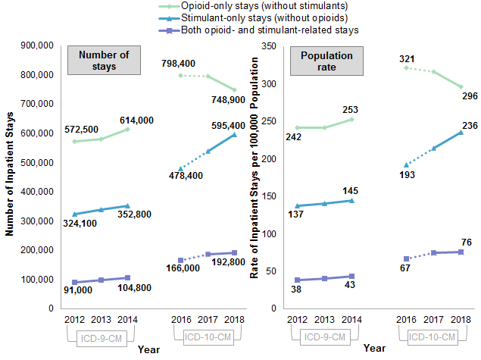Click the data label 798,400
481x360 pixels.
[x=179, y=63]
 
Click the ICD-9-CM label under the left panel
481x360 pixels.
[x=97, y=337]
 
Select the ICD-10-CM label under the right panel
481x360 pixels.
[x=431, y=337]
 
